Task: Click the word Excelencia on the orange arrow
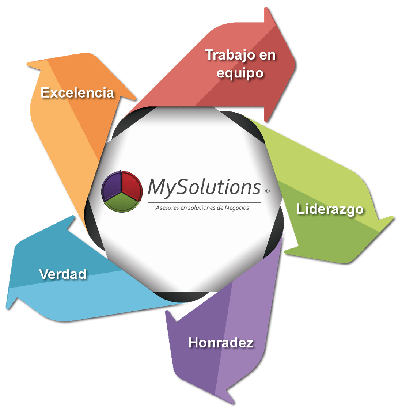click(x=77, y=92)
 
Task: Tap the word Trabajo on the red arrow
click(x=230, y=55)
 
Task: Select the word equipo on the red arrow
click(x=240, y=73)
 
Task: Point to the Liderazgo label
click(x=330, y=209)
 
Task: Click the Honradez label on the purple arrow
click(x=221, y=343)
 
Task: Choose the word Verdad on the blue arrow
click(x=62, y=274)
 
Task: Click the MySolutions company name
click(x=204, y=187)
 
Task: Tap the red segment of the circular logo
click(x=131, y=184)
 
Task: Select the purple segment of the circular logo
click(x=112, y=184)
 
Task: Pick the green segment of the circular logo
click(x=122, y=203)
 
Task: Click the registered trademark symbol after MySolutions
click(x=267, y=190)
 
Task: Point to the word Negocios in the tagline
click(x=237, y=208)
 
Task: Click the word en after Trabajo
click(x=268, y=55)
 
